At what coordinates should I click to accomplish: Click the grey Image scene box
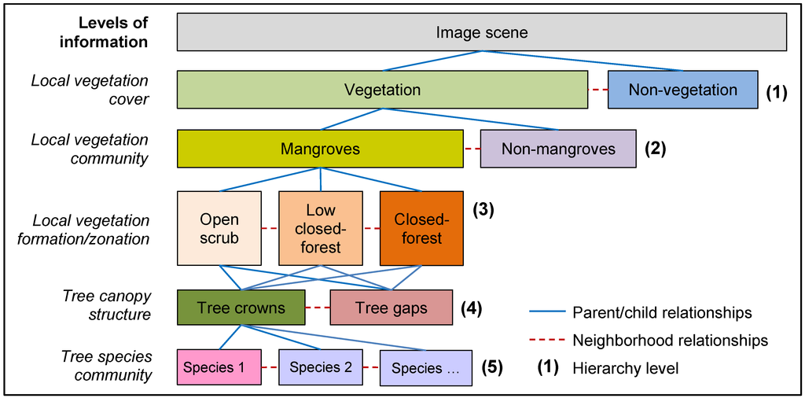pyautogui.click(x=482, y=33)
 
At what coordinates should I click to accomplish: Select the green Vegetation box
pyautogui.click(x=382, y=90)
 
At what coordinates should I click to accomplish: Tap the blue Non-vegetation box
pyautogui.click(x=682, y=90)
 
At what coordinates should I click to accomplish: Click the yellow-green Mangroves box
pyautogui.click(x=320, y=149)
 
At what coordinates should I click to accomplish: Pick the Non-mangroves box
pyautogui.click(x=558, y=149)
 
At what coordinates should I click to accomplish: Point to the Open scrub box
pyautogui.click(x=219, y=228)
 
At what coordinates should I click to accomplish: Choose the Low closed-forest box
pyautogui.click(x=321, y=228)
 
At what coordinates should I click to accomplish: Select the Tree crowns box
pyautogui.click(x=241, y=308)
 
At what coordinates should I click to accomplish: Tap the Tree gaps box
pyautogui.click(x=391, y=308)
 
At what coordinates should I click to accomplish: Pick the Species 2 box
pyautogui.click(x=320, y=367)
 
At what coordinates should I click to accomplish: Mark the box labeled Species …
pyautogui.click(x=426, y=368)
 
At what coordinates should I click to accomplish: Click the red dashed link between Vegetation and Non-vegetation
pyautogui.click(x=597, y=90)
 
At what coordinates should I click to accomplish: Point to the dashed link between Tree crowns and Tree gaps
pyautogui.click(x=318, y=308)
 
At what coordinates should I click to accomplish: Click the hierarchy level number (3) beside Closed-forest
pyautogui.click(x=483, y=210)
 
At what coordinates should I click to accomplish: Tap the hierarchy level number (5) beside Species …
pyautogui.click(x=491, y=367)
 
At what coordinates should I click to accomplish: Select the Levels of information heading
pyautogui.click(x=104, y=33)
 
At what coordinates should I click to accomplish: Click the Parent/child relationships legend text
pyautogui.click(x=662, y=312)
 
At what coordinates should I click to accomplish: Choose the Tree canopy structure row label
pyautogui.click(x=107, y=305)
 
